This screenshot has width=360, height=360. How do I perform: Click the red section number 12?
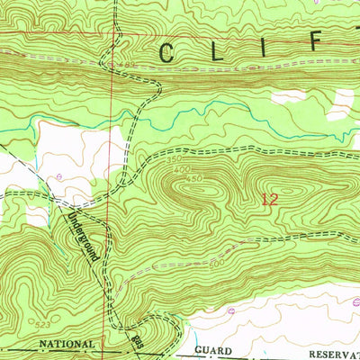268,200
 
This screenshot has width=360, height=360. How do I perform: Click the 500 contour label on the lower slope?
216,263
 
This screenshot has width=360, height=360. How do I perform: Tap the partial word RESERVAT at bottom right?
330,352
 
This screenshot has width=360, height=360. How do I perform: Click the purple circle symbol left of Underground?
59,176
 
